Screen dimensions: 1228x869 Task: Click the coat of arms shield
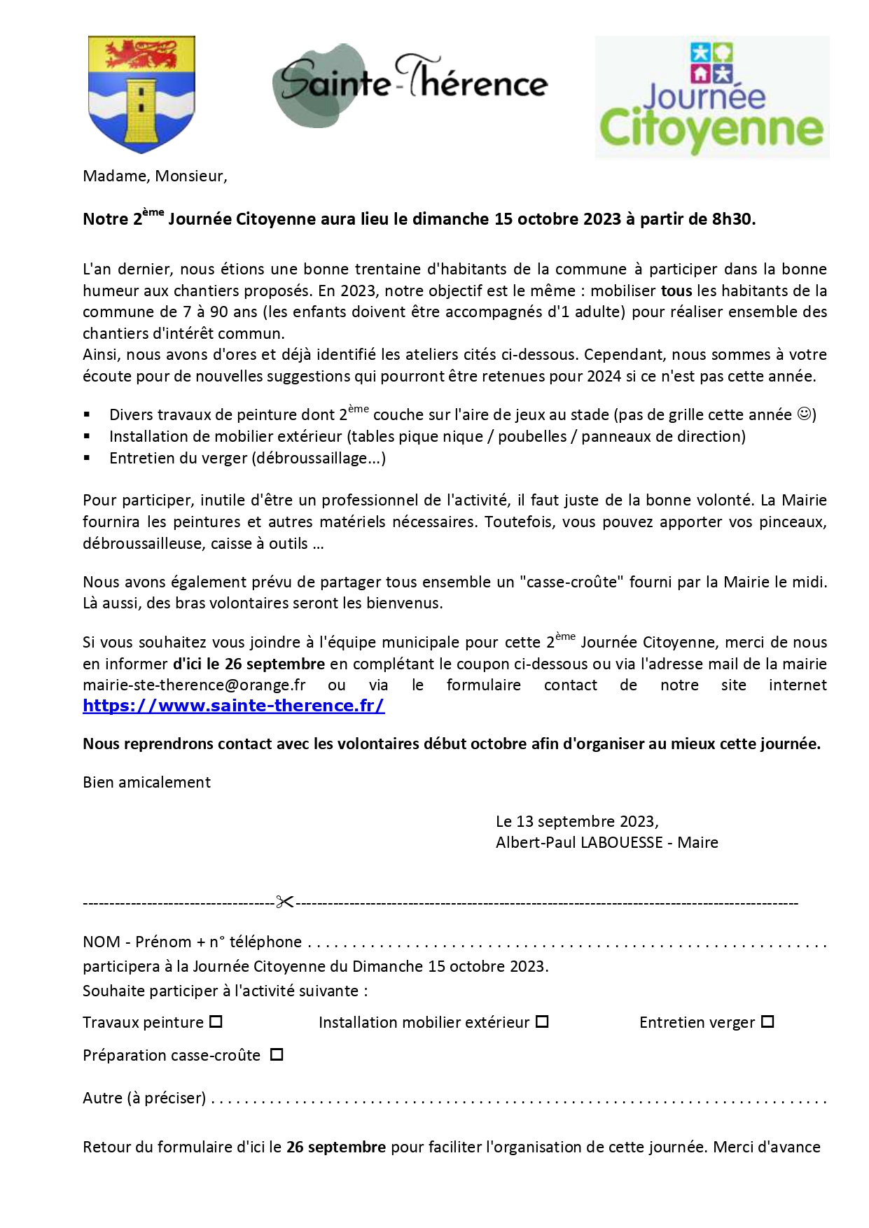tap(141, 94)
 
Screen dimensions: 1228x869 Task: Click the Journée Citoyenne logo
tap(711, 97)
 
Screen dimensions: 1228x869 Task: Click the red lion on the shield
tap(141, 53)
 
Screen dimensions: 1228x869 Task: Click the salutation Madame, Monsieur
tap(155, 176)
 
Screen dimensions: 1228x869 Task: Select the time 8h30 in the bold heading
tap(732, 219)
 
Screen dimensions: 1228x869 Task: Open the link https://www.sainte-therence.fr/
tap(234, 706)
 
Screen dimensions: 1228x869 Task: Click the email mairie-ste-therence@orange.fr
tap(194, 685)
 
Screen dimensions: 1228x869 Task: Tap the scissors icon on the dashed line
tap(284, 902)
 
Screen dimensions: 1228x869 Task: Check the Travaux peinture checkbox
tap(216, 1021)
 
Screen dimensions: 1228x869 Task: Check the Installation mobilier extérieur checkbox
tap(542, 1021)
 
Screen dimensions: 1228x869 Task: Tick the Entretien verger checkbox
tap(767, 1021)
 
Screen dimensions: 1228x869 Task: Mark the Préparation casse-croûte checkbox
tap(277, 1054)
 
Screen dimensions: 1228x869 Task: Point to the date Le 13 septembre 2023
tap(576, 821)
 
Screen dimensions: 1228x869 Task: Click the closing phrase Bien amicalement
tap(146, 782)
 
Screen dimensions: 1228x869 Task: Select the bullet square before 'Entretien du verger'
tap(87, 458)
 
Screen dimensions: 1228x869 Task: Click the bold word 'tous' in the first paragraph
tap(676, 291)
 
